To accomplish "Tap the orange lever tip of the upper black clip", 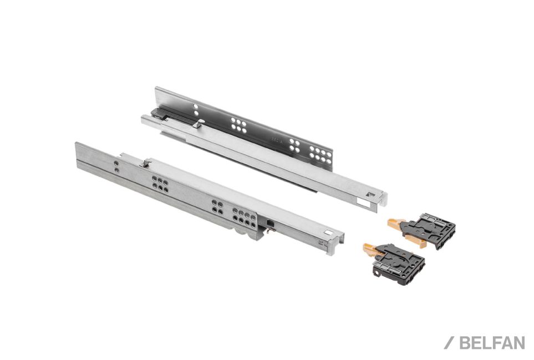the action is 394,223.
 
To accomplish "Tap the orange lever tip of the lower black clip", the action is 370,249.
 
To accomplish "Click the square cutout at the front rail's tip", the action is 329,234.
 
